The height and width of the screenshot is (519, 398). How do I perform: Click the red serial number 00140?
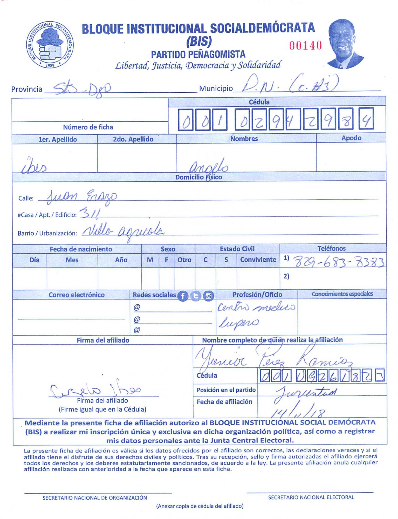(x=305, y=46)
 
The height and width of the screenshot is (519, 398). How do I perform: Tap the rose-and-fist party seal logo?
(x=50, y=45)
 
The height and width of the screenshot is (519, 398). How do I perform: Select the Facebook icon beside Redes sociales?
(x=183, y=296)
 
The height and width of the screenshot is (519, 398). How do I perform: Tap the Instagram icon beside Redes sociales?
(x=208, y=296)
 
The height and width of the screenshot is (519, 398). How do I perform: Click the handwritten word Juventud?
(x=306, y=392)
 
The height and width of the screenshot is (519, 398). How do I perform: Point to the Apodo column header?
(x=351, y=138)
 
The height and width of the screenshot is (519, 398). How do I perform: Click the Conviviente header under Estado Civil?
(x=258, y=259)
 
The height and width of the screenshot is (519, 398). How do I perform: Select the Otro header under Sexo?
(x=184, y=260)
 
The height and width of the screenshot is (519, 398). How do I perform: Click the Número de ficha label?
(x=88, y=127)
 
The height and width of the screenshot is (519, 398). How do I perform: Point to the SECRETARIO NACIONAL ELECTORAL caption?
(x=311, y=497)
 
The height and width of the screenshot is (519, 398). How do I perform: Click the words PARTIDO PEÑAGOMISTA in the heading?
(x=198, y=54)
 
